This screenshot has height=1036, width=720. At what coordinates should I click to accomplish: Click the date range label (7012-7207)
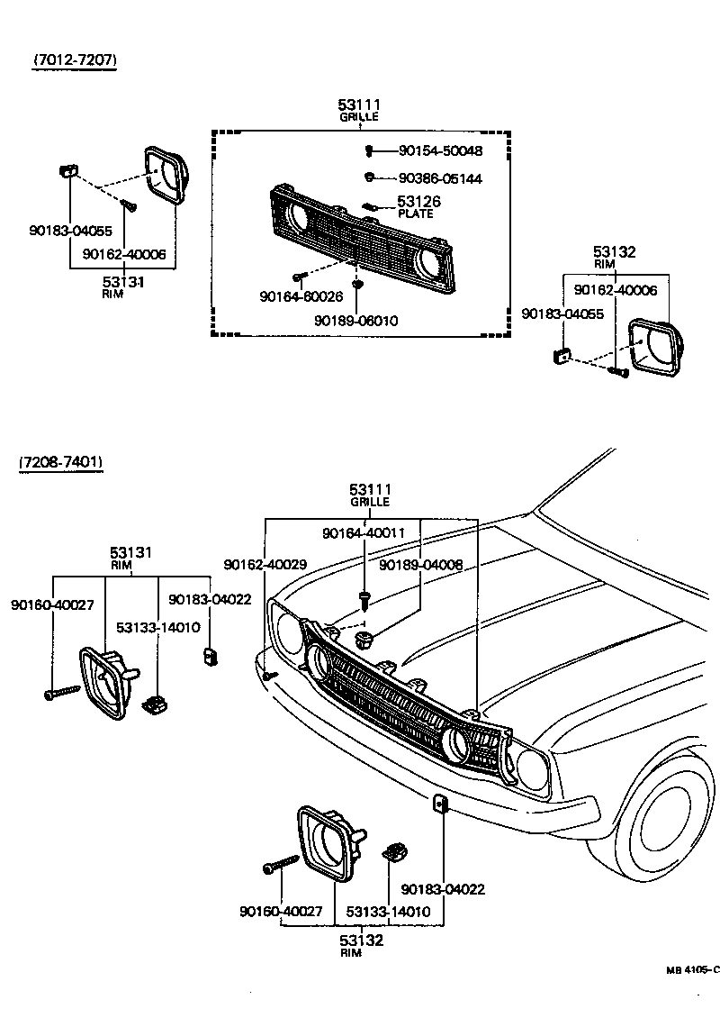coord(76,60)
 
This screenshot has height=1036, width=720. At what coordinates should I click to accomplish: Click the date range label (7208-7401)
coord(61,462)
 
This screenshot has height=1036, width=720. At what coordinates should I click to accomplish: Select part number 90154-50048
coord(440,150)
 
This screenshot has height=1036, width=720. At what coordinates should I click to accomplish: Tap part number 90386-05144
coord(440,178)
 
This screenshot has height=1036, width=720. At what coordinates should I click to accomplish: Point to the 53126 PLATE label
coord(418,206)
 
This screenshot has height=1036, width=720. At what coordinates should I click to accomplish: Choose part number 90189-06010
coord(355,320)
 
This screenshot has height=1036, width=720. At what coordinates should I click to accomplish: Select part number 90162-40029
coord(265,564)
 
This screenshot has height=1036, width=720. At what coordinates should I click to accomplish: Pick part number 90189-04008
coord(421,564)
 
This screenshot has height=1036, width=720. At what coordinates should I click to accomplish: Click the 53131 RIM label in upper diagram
coord(123,286)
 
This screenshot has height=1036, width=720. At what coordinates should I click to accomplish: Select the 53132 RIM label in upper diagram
coord(615,257)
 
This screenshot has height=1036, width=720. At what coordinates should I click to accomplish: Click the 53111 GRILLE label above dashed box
coord(359,110)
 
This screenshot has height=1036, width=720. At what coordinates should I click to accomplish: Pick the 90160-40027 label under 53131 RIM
coord(52,604)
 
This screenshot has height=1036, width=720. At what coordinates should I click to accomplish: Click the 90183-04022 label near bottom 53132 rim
coord(443,888)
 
